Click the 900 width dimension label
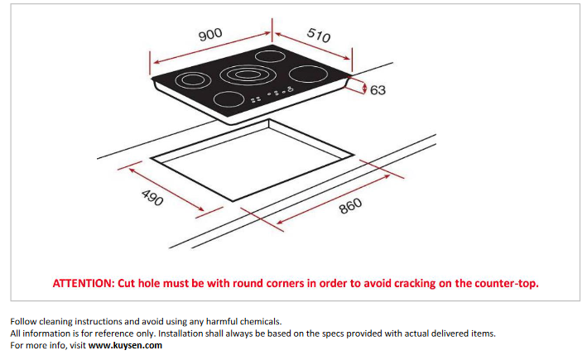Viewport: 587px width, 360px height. (x=210, y=35)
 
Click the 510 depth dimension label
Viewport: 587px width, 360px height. (x=319, y=36)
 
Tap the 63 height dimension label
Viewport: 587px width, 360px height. (x=378, y=90)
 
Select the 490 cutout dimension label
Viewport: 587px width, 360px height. (x=152, y=197)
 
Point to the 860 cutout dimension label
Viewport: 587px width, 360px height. (x=351, y=206)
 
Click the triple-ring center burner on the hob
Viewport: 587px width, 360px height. (x=246, y=74)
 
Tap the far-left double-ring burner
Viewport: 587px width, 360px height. (x=193, y=79)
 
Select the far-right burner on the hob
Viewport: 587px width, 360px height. (x=308, y=74)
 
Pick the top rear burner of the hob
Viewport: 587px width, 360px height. (x=270, y=56)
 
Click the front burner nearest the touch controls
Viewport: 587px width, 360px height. (x=229, y=99)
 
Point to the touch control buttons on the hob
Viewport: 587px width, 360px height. (x=272, y=94)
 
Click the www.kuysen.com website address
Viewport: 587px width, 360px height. (x=125, y=345)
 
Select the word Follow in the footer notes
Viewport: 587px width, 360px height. (x=23, y=321)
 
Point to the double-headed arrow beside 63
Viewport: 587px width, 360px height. (x=365, y=89)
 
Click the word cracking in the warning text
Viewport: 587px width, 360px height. (x=415, y=284)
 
